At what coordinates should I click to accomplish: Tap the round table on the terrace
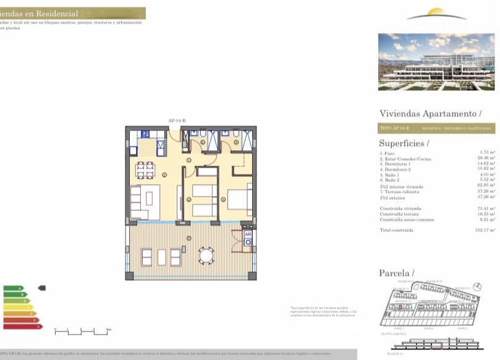pos(206,255)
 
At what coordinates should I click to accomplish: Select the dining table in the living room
pos(145,171)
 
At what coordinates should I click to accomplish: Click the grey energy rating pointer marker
pos(41,288)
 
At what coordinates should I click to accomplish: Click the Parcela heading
pos(396,273)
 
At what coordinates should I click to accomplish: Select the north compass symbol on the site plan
pos(477,286)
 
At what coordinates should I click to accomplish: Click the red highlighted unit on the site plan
pos(400,307)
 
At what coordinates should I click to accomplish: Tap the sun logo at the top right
pos(437,14)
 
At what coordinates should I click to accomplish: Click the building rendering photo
pos(436,61)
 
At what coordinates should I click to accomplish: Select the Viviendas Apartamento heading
pos(430,113)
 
